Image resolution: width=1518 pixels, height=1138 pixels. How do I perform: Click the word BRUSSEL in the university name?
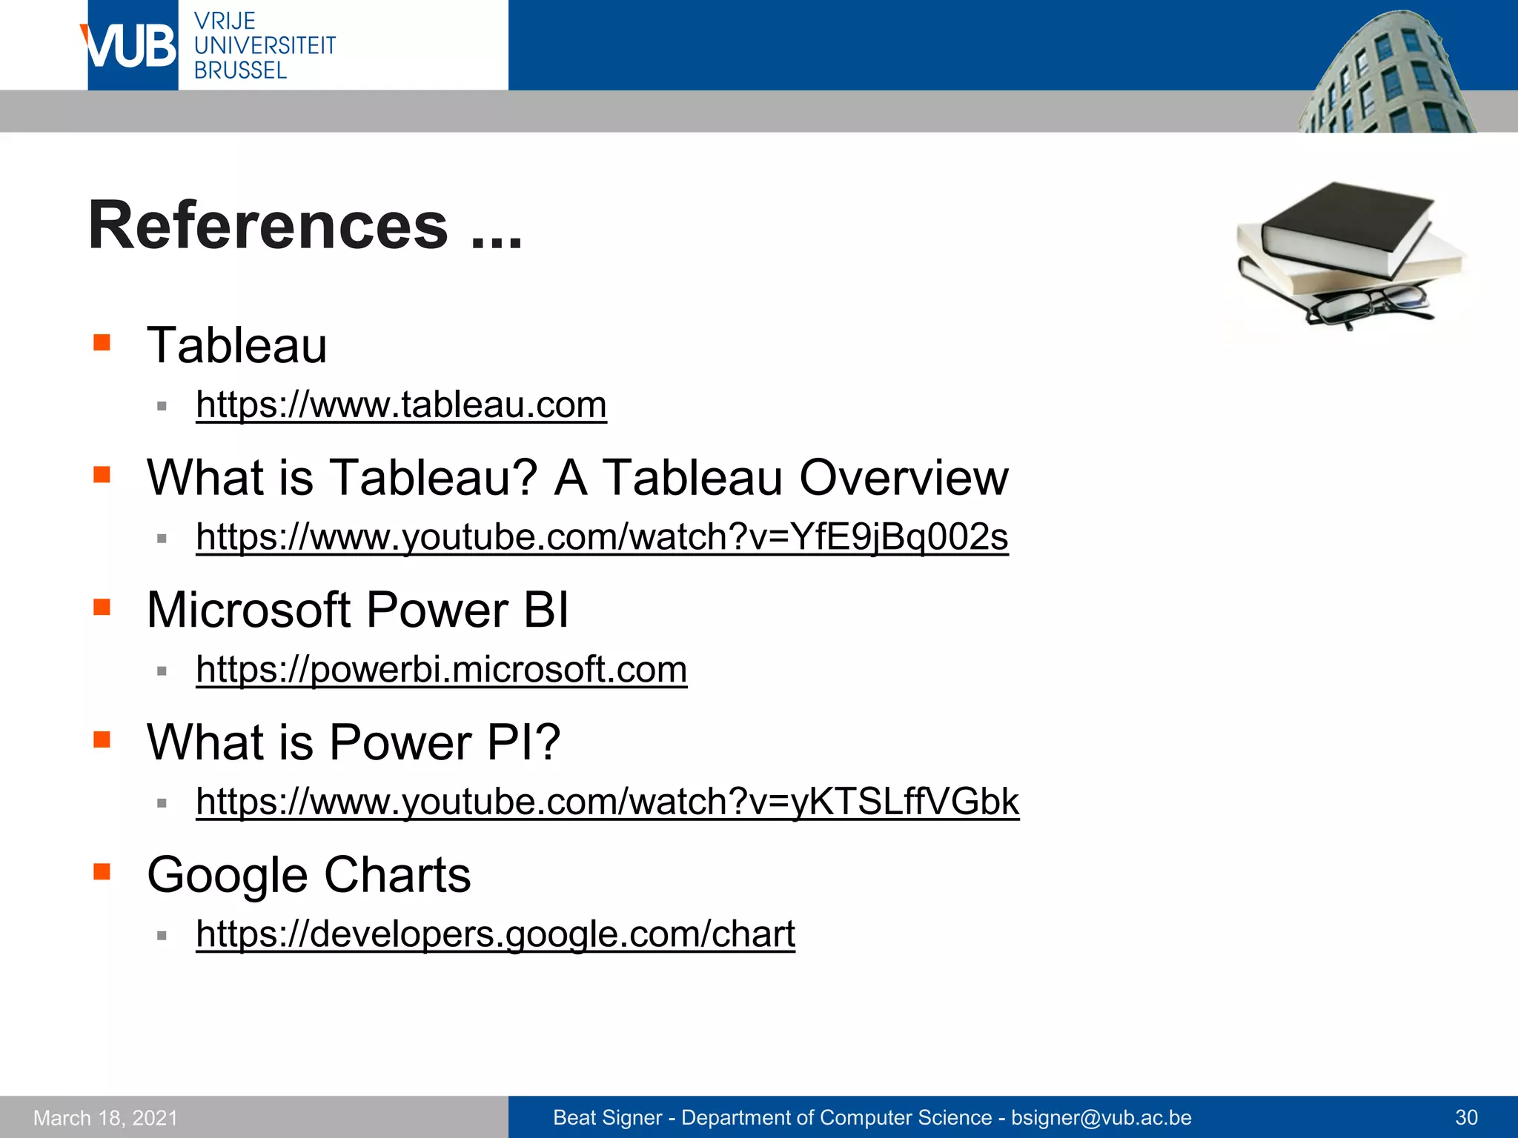tap(240, 70)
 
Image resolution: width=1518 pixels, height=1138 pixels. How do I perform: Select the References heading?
tap(305, 226)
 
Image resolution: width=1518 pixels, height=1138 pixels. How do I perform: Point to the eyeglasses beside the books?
tap(1368, 305)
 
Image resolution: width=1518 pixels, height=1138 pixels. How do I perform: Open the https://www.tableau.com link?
tap(401, 405)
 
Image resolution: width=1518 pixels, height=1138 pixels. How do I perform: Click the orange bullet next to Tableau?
tap(102, 342)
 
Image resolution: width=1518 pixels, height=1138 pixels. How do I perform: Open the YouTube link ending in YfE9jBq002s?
tap(602, 537)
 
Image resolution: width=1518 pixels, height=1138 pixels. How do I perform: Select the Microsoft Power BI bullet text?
tap(357, 610)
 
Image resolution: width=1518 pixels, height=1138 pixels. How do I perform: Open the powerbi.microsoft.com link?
tap(441, 670)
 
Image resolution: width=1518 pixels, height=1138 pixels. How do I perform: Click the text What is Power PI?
tap(354, 742)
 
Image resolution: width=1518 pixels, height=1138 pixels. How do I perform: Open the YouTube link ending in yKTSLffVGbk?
tap(607, 802)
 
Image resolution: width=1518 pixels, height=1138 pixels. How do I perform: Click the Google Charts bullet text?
tap(308, 875)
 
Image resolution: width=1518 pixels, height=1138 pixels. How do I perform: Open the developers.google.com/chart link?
tap(495, 934)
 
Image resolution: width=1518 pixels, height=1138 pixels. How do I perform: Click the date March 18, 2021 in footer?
tap(105, 1117)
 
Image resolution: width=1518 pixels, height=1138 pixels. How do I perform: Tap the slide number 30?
tap(1466, 1117)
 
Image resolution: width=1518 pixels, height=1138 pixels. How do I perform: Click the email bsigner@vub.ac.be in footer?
tap(1101, 1117)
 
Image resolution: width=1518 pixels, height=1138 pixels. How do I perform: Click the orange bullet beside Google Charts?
tap(102, 871)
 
